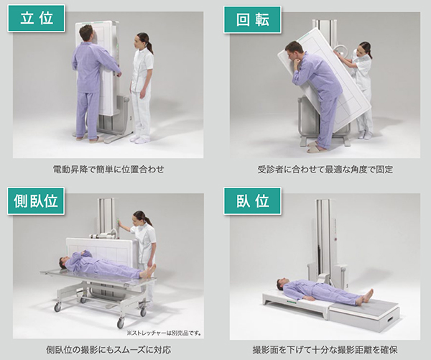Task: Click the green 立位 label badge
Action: [36, 18]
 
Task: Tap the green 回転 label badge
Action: [252, 19]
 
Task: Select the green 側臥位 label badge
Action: [36, 200]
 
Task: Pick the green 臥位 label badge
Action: [252, 200]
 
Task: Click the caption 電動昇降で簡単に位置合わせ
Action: [108, 169]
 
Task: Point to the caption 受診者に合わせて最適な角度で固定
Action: [325, 169]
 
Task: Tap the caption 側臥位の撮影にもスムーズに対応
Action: [108, 350]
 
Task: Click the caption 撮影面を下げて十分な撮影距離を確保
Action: [325, 350]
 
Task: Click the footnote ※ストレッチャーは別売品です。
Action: [164, 333]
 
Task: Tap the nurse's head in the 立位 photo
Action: [143, 42]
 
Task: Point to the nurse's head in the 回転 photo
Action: [364, 49]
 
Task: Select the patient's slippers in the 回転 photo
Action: [316, 147]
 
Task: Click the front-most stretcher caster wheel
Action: [121, 323]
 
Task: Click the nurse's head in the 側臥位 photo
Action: [140, 218]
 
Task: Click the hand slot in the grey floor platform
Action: [391, 320]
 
